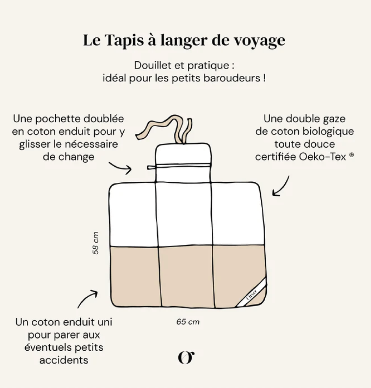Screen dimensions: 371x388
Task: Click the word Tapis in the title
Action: pos(124,40)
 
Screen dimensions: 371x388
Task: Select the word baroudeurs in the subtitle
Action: pos(232,78)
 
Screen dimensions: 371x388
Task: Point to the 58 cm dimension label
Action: pos(95,243)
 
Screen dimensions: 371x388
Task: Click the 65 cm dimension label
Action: pos(188,322)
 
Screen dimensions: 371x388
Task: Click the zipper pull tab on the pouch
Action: pos(152,168)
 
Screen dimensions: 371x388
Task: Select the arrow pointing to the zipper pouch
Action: pos(121,168)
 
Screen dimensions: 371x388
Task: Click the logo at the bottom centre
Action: pos(186,358)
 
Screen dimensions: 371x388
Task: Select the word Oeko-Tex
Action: pos(322,157)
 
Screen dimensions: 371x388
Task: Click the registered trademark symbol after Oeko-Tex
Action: pos(352,155)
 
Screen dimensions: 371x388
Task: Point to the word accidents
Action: pos(64,360)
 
